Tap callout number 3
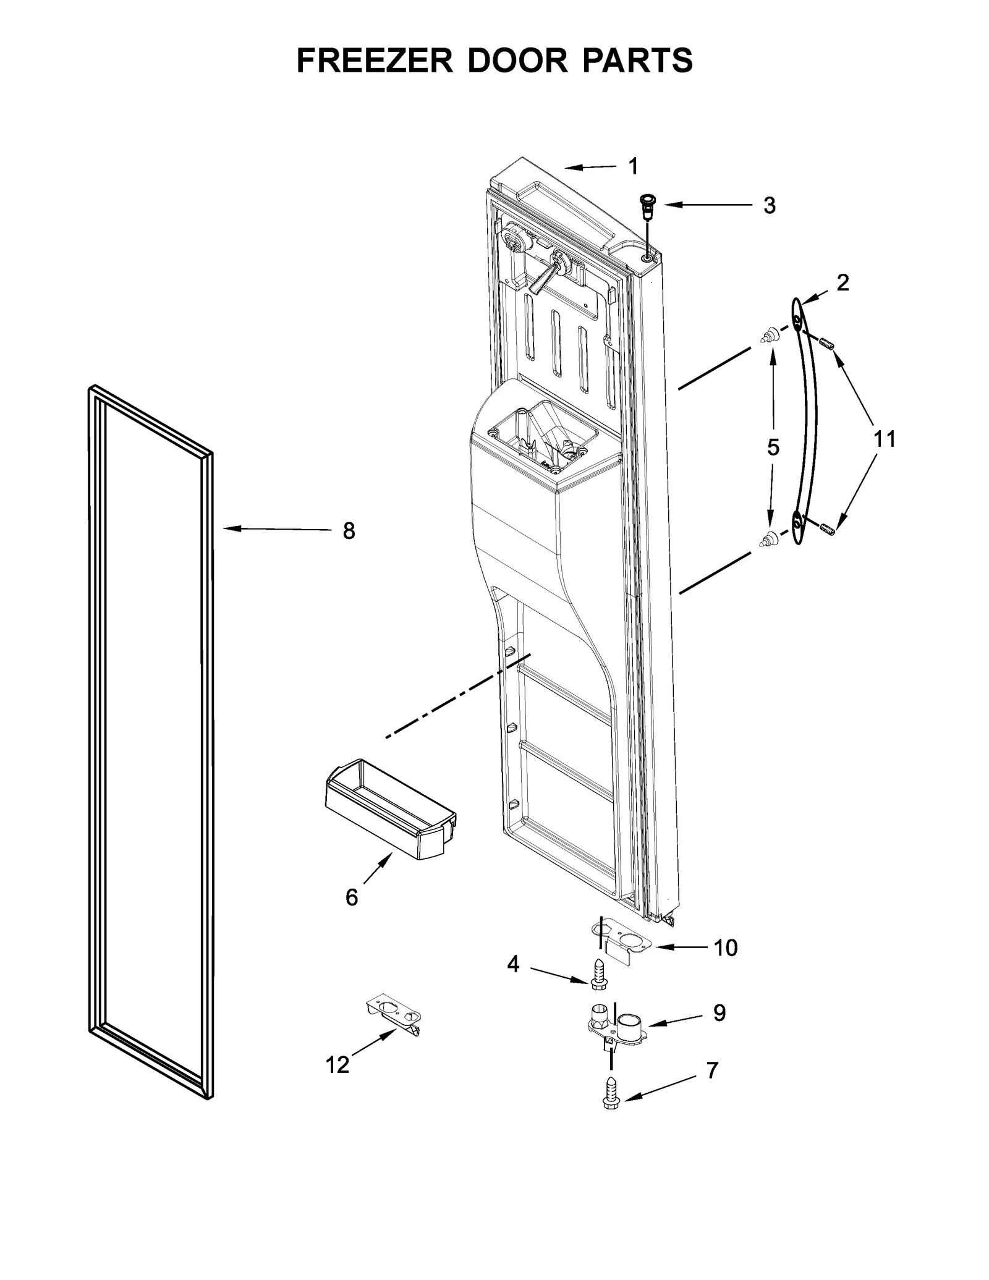[769, 205]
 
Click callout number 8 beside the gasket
[349, 530]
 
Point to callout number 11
[885, 439]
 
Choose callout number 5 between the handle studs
[773, 447]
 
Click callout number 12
[337, 1064]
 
